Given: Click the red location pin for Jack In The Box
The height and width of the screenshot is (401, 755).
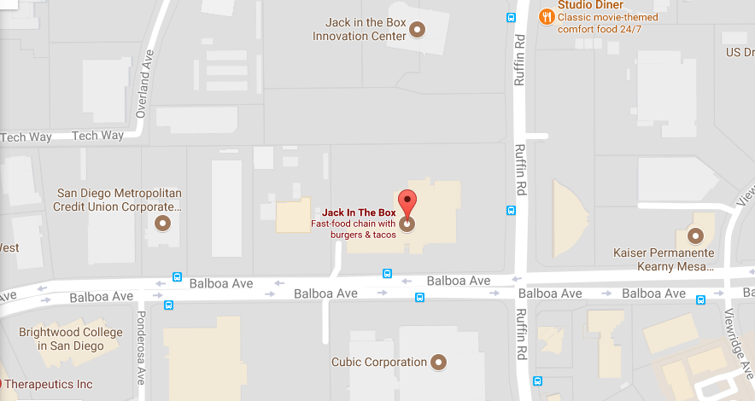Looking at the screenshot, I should [x=407, y=202].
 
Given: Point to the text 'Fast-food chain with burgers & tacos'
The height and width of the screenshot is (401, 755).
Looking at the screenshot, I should [x=353, y=229].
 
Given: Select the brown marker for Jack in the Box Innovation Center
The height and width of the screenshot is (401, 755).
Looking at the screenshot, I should [x=418, y=30].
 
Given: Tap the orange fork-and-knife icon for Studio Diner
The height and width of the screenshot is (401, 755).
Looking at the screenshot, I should [x=545, y=15].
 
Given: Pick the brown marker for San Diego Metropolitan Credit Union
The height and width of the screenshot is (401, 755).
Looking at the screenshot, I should [x=162, y=224].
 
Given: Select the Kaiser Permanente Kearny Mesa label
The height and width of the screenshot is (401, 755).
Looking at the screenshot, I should [x=663, y=260].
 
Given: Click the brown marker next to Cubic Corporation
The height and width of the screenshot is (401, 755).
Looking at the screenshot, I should [x=440, y=363].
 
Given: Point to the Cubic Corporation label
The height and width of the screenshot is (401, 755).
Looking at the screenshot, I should [x=379, y=362].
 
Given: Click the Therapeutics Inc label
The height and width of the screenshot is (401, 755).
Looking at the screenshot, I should [x=49, y=385].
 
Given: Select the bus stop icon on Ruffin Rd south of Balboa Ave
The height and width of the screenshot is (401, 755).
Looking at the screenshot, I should [x=536, y=381].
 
